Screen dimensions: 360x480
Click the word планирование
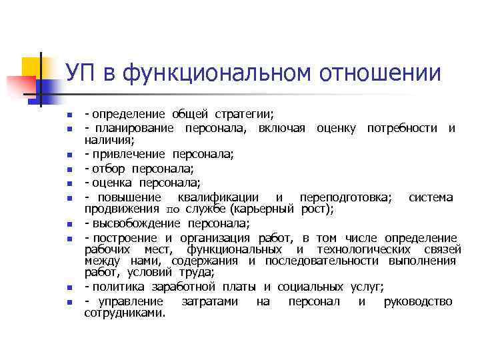[x=132, y=128]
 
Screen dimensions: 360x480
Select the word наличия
[x=109, y=139]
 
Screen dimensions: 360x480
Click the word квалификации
[x=217, y=197]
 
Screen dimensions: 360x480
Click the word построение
[x=125, y=238]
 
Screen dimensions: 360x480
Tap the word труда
[x=196, y=272]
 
